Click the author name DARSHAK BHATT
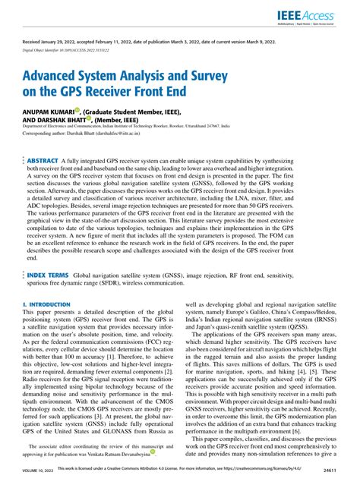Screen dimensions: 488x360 (x=58, y=118)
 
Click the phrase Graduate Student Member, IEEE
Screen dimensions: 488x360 (x=136, y=110)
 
